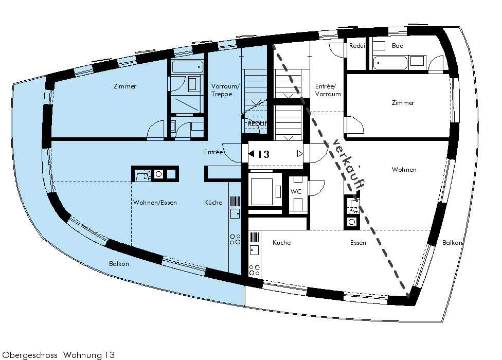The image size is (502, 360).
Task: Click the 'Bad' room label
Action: (x=398, y=46)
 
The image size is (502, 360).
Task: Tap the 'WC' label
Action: (x=296, y=192)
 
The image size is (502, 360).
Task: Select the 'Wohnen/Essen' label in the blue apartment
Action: (x=155, y=203)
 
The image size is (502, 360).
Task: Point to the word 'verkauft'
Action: (x=348, y=164)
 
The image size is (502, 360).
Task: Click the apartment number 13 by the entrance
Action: (x=263, y=154)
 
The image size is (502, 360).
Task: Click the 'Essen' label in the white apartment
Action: (x=358, y=243)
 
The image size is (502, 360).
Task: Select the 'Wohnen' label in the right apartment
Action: (x=404, y=170)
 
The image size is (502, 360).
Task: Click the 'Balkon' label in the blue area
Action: (x=119, y=264)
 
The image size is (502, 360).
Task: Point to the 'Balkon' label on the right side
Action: (x=452, y=243)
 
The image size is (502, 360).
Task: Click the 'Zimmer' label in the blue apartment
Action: (x=125, y=86)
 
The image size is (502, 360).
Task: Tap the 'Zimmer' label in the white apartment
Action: (x=403, y=103)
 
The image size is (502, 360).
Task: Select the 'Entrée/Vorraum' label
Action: (x=328, y=90)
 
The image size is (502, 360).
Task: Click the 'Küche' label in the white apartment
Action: (x=282, y=243)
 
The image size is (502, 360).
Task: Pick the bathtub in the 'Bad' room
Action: (x=390, y=63)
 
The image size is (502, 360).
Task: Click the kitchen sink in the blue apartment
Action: (x=235, y=213)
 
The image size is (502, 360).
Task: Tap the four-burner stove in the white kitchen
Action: (x=255, y=270)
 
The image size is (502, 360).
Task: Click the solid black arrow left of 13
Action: (x=252, y=154)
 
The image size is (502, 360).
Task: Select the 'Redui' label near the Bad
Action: (x=357, y=46)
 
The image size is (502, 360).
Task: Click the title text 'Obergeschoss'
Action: (x=30, y=355)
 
